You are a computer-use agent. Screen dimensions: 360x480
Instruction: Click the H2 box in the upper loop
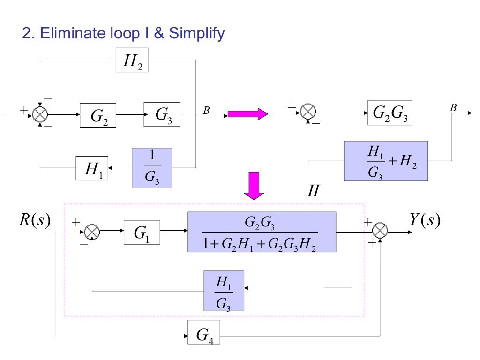coord(132,60)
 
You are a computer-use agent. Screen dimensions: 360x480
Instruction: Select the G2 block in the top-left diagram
coord(98,115)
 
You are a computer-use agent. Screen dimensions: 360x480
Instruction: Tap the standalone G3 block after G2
coord(161,114)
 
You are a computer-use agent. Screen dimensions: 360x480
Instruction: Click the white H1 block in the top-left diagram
coord(92,168)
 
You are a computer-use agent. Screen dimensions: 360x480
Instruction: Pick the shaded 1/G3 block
coord(152,168)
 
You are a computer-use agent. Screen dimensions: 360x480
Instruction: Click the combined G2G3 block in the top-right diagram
coord(390,112)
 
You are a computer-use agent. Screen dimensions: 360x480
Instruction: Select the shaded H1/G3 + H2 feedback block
coord(386,161)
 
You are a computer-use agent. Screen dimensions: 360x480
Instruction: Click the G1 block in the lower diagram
coord(142,232)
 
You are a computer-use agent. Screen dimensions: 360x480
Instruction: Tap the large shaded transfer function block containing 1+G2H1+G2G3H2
coord(262,232)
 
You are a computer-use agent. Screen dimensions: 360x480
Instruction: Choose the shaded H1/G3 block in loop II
coord(224,291)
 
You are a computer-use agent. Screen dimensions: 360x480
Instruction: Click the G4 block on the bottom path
coord(204,334)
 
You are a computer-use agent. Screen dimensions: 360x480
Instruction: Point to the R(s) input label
coord(35,219)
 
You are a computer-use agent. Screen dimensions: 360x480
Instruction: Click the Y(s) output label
coord(425,219)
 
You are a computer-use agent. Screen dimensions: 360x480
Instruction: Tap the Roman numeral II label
coord(313,191)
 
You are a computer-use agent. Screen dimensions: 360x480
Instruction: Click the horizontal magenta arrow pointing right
coord(247,114)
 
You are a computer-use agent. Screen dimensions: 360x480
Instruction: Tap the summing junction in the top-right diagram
coord(308,112)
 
